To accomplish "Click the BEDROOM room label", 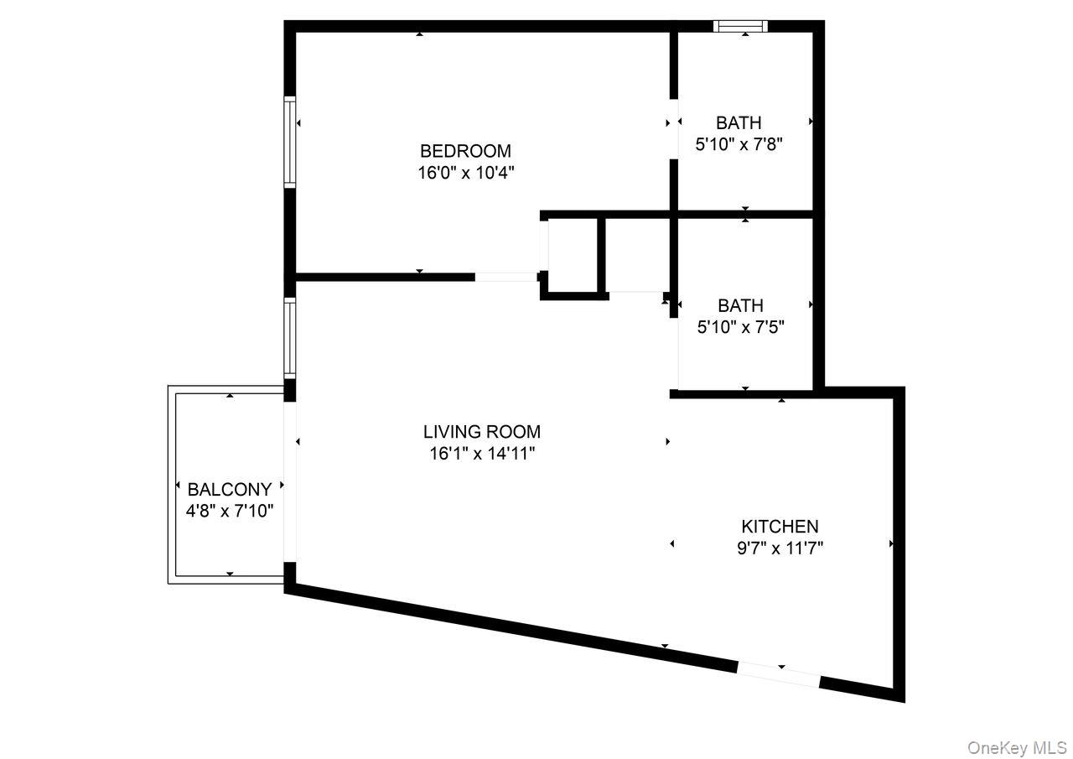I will pyautogui.click(x=465, y=151).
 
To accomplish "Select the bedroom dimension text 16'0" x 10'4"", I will pyautogui.click(x=465, y=174).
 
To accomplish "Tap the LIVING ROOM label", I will pyautogui.click(x=481, y=432).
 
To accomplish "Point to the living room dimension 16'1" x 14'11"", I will pyautogui.click(x=481, y=454).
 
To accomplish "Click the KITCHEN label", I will pyautogui.click(x=780, y=527).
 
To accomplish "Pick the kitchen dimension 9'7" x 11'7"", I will pyautogui.click(x=780, y=548).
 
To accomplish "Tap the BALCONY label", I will pyautogui.click(x=229, y=490).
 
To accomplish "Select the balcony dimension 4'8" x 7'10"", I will pyautogui.click(x=229, y=511).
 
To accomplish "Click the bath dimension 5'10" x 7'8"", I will pyautogui.click(x=739, y=144).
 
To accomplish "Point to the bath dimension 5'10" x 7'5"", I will pyautogui.click(x=740, y=327).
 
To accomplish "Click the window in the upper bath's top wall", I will pyautogui.click(x=740, y=26).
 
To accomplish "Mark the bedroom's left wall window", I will pyautogui.click(x=290, y=141).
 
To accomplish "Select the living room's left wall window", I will pyautogui.click(x=290, y=338).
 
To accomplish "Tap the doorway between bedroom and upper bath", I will pyautogui.click(x=673, y=130).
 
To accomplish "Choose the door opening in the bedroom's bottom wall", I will pyautogui.click(x=506, y=277).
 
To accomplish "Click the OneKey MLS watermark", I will pyautogui.click(x=1016, y=747).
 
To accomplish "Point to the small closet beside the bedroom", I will pyautogui.click(x=573, y=255).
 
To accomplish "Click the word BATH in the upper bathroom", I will pyautogui.click(x=739, y=123).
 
